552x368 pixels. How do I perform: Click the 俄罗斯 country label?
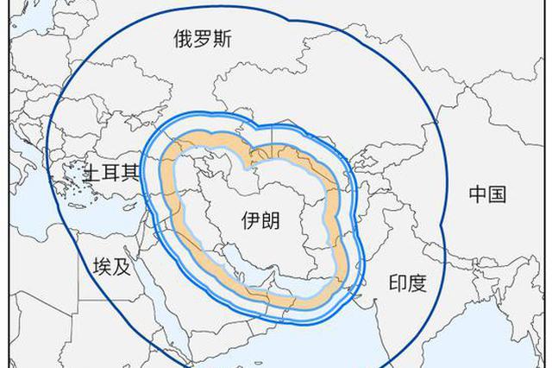click(x=202, y=38)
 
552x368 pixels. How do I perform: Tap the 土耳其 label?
click(x=110, y=173)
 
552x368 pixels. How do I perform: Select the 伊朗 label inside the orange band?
click(x=260, y=221)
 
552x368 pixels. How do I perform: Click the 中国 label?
click(x=487, y=194)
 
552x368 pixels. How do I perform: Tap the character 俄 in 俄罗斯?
click(x=182, y=38)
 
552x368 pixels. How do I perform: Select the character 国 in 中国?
click(x=498, y=194)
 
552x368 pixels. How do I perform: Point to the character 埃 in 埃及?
click(x=101, y=266)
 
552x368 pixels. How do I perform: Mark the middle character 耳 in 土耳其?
click(x=110, y=173)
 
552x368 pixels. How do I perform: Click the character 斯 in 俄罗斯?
click(x=222, y=38)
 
